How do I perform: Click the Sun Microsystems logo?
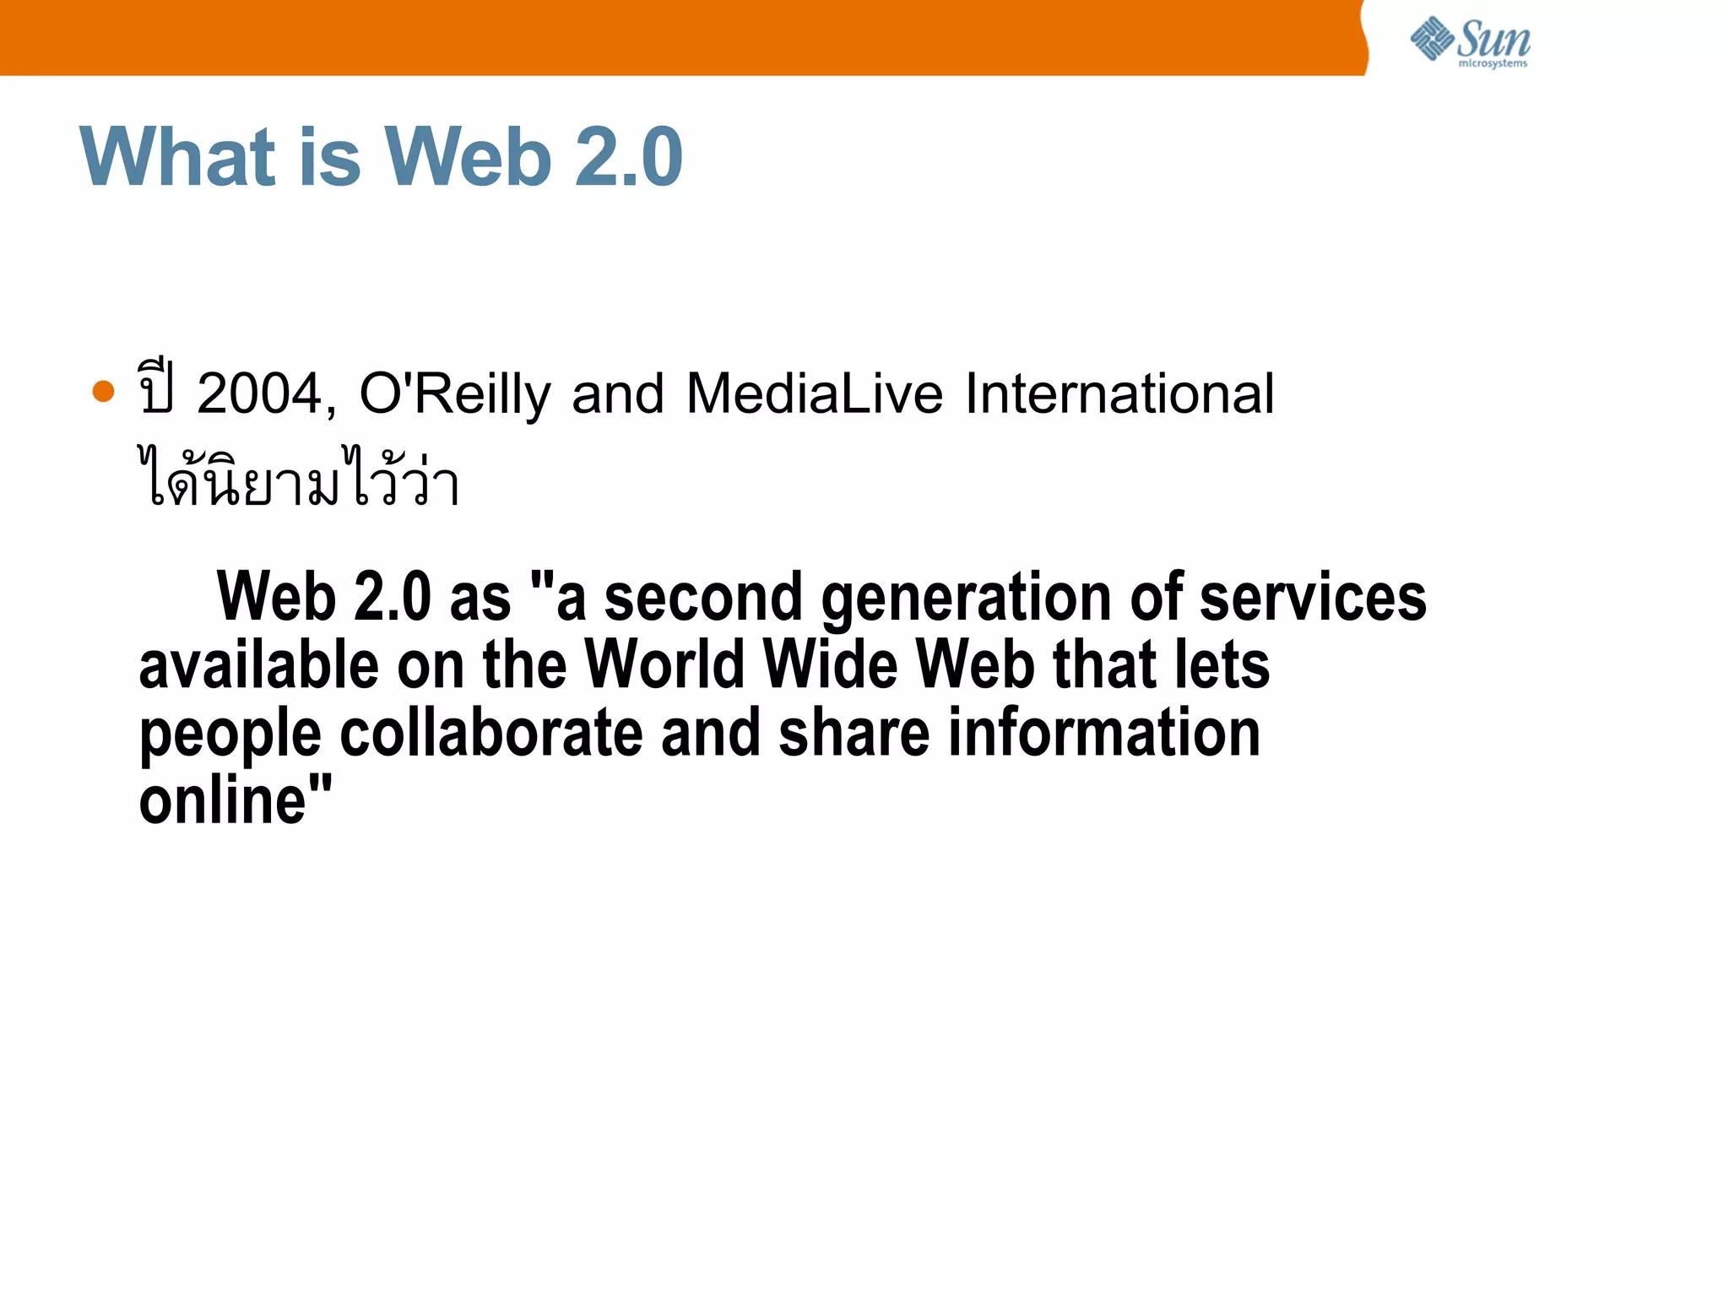1470,42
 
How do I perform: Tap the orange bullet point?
103,392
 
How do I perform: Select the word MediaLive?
814,394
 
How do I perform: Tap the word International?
1119,394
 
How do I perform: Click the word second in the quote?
703,598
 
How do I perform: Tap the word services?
1313,598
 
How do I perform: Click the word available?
259,665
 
